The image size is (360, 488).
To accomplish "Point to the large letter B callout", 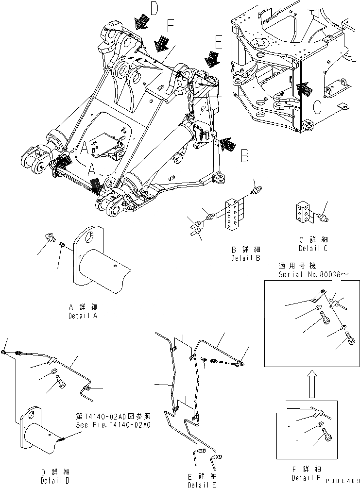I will pos(244,155).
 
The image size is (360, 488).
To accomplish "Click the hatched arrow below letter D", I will pos(142,22).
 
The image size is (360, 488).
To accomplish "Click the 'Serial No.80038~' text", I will pos(312,274).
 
